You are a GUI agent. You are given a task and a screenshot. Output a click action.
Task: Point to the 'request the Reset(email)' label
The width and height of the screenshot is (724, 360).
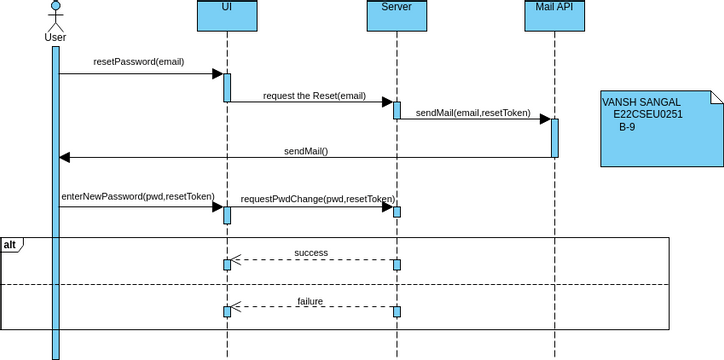click(x=314, y=97)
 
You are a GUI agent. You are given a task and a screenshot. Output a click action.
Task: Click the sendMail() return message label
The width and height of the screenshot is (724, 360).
click(x=305, y=151)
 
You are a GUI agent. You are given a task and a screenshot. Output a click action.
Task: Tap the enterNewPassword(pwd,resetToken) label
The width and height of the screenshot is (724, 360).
click(x=137, y=197)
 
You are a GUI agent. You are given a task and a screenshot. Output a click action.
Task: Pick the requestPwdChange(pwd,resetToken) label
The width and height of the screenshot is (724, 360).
click(x=317, y=199)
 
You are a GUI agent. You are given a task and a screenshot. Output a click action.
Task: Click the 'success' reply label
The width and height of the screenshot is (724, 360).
click(x=311, y=253)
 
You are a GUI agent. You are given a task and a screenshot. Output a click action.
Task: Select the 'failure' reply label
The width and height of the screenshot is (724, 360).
click(x=311, y=301)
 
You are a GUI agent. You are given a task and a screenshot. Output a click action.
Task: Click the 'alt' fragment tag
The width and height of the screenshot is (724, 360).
click(x=11, y=245)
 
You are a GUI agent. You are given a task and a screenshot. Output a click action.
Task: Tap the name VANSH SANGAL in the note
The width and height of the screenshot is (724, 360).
click(x=641, y=102)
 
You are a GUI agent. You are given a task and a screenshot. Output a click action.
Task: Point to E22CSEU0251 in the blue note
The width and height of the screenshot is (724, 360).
click(x=648, y=115)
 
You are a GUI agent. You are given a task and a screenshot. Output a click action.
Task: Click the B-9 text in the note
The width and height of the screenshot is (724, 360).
click(x=626, y=127)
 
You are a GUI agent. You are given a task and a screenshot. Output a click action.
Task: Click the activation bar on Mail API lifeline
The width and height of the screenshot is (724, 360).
click(x=554, y=138)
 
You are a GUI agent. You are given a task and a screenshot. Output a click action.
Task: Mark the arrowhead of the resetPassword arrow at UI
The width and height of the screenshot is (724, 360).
click(x=216, y=73)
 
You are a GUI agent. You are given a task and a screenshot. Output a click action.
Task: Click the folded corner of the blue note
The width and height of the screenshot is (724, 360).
click(x=715, y=96)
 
